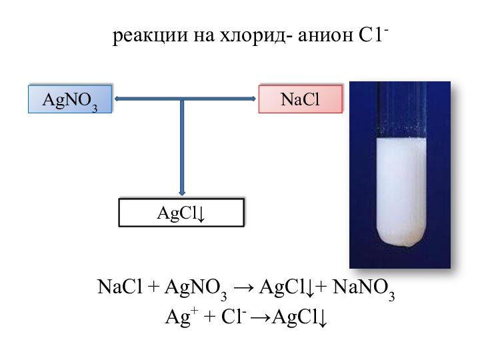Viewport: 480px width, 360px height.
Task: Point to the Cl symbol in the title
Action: pyautogui.click(x=373, y=35)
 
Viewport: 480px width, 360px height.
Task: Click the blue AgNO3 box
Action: pyautogui.click(x=70, y=99)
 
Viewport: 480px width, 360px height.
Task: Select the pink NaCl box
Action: pyautogui.click(x=300, y=99)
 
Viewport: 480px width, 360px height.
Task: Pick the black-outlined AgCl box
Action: pyautogui.click(x=181, y=213)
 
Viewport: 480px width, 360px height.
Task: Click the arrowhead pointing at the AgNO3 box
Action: pyautogui.click(x=117, y=99)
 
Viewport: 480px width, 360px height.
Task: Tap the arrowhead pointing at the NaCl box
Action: pyautogui.click(x=253, y=99)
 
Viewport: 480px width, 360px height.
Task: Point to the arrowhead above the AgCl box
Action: pyautogui.click(x=182, y=193)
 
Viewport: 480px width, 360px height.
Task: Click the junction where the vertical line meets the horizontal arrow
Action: pyautogui.click(x=182, y=99)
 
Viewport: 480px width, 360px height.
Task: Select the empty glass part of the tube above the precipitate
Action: pyautogui.click(x=401, y=109)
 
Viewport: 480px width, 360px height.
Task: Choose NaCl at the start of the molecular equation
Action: pyautogui.click(x=120, y=287)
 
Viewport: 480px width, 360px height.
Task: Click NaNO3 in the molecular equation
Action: pyautogui.click(x=363, y=289)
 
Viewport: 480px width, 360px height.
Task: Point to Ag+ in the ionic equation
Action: pyautogui.click(x=181, y=316)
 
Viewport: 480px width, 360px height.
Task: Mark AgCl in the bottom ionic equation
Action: pyautogui.click(x=299, y=317)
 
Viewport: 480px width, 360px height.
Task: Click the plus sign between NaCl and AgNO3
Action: pyautogui.click(x=153, y=287)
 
